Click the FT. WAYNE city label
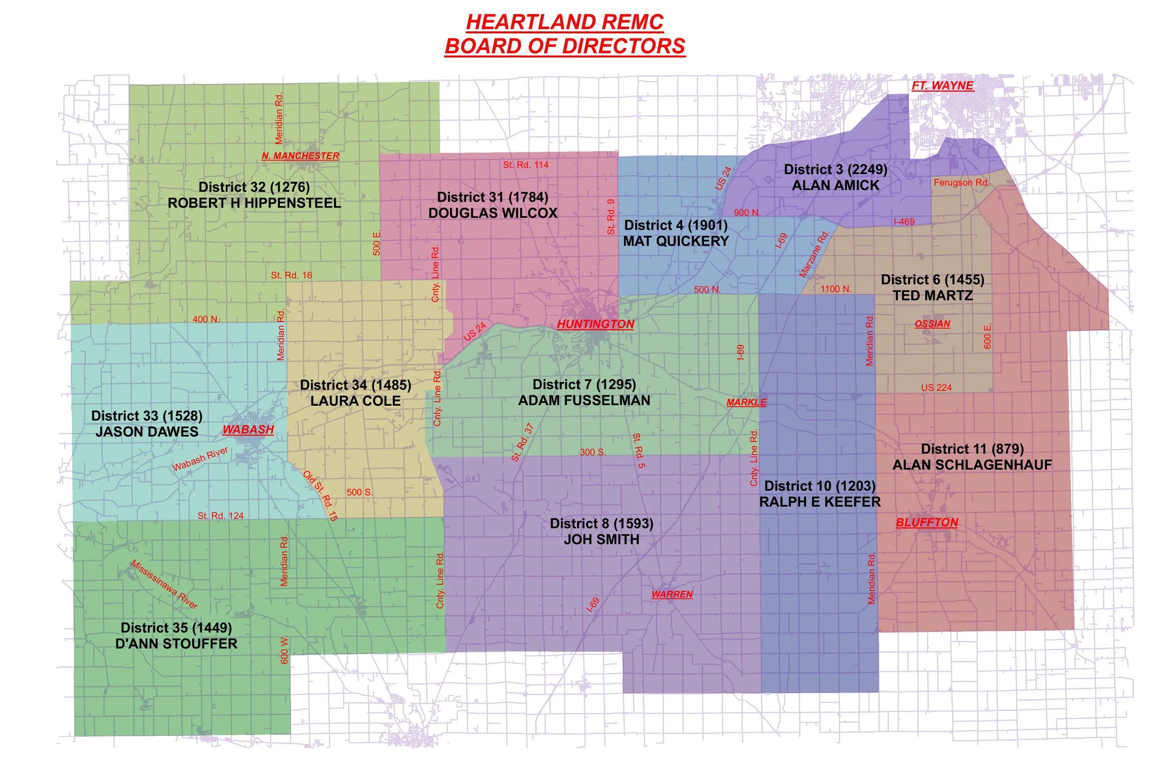[x=942, y=85]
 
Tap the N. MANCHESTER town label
[x=301, y=156]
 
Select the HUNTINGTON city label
[x=595, y=324]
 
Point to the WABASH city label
[x=248, y=429]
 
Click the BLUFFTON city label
[x=926, y=523]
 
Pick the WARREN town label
[x=671, y=594]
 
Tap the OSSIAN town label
[x=932, y=324]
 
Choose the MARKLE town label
[x=746, y=402]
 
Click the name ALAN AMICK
[x=835, y=186]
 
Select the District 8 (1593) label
[x=601, y=523]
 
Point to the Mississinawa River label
[x=164, y=584]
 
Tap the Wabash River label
[x=200, y=459]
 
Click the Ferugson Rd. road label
[x=961, y=182]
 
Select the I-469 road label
[x=903, y=222]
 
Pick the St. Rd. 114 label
[x=525, y=165]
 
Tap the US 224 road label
[x=936, y=387]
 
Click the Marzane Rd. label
[x=814, y=254]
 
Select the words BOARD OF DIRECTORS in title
[x=564, y=46]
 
